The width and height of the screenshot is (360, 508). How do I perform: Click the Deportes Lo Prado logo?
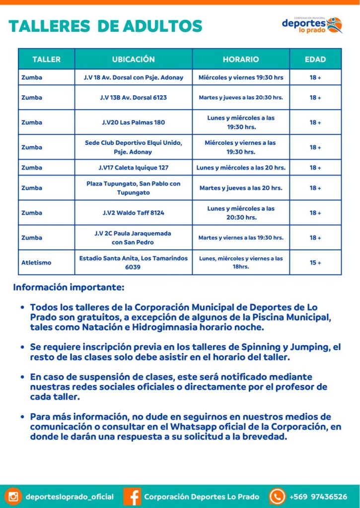click(x=312, y=24)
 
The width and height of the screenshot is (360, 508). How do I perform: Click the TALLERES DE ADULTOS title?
click(x=105, y=26)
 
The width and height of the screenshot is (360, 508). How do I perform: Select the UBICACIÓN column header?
click(x=133, y=59)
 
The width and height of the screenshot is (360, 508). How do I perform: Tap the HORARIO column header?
click(x=241, y=59)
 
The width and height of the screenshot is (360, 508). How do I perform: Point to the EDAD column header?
click(x=315, y=59)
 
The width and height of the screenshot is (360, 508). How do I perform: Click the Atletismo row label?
click(x=36, y=262)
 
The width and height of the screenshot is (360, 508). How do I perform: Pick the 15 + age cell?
click(x=315, y=262)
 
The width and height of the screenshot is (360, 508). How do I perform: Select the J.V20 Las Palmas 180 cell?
click(x=133, y=122)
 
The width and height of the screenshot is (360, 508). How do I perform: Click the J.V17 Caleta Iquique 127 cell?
click(x=133, y=168)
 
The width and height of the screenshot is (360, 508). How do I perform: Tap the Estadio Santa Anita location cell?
click(x=133, y=262)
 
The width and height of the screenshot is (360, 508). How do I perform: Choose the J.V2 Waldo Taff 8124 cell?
click(x=133, y=213)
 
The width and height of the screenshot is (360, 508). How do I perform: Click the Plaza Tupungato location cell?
click(x=133, y=188)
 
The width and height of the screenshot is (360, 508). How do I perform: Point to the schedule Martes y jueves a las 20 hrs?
click(x=241, y=188)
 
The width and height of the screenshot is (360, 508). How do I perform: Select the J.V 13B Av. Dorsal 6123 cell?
click(x=133, y=97)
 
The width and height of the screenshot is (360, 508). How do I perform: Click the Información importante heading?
click(x=69, y=287)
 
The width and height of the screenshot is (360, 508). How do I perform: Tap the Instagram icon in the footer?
click(x=14, y=496)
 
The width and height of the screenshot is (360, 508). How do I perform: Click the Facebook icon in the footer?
click(x=132, y=496)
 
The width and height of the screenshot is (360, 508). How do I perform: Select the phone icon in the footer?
click(x=277, y=496)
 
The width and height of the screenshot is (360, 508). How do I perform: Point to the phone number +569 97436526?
click(x=318, y=497)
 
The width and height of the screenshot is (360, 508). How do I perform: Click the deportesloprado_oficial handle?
click(x=70, y=497)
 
